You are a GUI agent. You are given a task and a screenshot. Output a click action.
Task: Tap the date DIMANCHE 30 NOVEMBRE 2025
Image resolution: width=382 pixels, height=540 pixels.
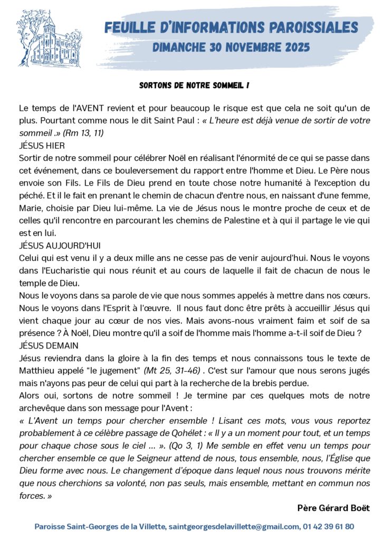[231, 47]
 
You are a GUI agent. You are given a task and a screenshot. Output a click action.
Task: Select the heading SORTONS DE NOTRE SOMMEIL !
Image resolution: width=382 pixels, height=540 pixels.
[194, 85]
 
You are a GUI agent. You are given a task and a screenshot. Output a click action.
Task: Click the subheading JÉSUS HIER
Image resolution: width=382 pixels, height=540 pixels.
[42, 145]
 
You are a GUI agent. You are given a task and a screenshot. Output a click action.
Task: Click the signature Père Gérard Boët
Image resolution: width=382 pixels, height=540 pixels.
[333, 508]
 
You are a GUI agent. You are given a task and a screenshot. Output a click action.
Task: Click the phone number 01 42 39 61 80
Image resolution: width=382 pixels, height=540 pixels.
[328, 526]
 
